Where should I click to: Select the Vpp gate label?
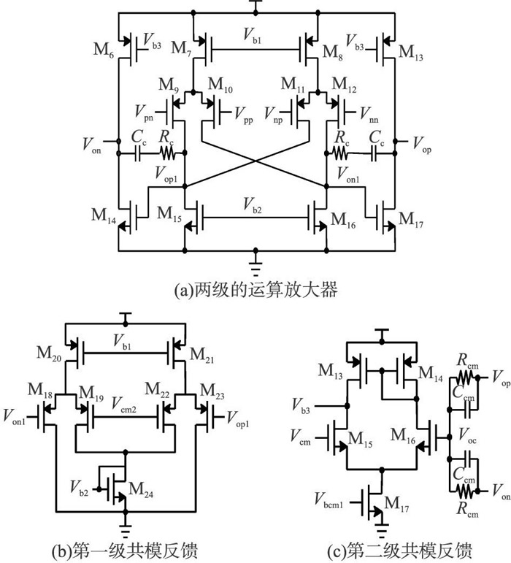[x=244, y=112]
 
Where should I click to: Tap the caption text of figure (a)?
[x=255, y=290]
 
